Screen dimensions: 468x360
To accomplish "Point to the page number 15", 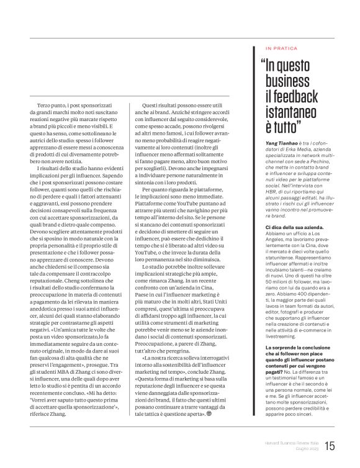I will click(330, 445).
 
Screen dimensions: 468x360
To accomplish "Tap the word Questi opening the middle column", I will click(153, 104).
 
